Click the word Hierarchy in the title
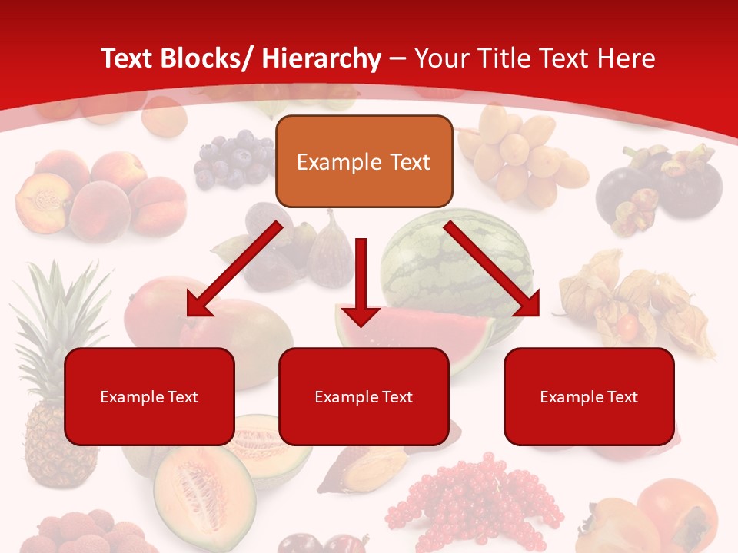[x=321, y=59]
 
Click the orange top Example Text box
[x=364, y=161]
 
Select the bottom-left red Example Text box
[x=149, y=396]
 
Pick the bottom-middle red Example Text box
[x=364, y=396]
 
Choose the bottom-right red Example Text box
[x=589, y=396]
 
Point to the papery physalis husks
[x=638, y=303]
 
